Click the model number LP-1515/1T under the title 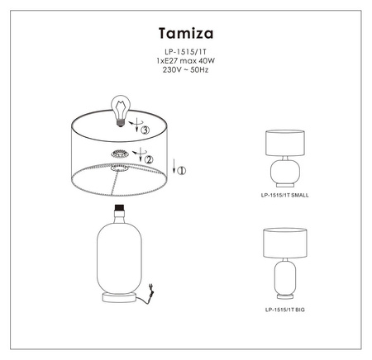click(x=186, y=52)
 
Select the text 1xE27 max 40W click(x=186, y=60)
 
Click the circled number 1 click(x=182, y=171)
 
